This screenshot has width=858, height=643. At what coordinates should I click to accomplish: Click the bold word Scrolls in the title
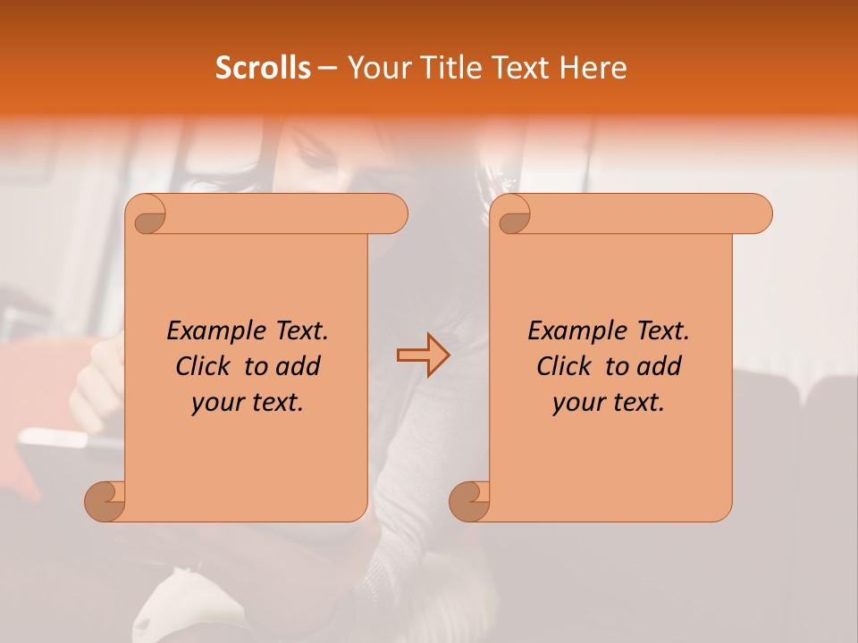click(x=263, y=68)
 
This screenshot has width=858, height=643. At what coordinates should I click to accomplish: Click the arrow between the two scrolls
click(x=423, y=355)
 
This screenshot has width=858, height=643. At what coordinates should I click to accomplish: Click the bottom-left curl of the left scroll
click(x=105, y=501)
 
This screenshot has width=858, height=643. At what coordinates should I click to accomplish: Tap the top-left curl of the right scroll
click(x=514, y=214)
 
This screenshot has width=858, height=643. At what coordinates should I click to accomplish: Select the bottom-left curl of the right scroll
click(x=470, y=501)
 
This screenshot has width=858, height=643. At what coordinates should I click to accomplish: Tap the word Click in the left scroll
click(x=203, y=367)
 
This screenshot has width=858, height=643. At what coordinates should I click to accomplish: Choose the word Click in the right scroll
click(x=564, y=367)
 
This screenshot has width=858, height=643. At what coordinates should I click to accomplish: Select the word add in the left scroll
click(x=299, y=367)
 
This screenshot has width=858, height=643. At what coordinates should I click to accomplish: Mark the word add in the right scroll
click(x=660, y=367)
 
